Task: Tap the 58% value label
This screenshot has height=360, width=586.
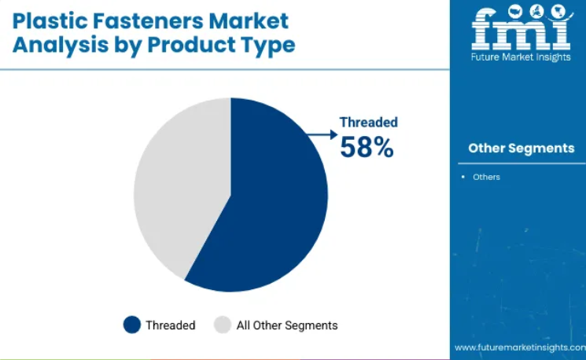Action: [367, 147]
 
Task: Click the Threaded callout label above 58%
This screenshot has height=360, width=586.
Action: [368, 122]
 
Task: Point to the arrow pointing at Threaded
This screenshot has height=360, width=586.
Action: [322, 134]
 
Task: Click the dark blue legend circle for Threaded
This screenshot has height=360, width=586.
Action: [132, 325]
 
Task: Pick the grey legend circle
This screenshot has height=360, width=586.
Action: [223, 325]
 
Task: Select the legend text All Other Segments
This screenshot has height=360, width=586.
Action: [287, 325]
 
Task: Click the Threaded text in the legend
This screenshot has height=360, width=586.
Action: [171, 325]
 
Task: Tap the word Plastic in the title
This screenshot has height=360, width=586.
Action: [50, 21]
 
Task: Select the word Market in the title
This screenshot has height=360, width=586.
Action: [249, 21]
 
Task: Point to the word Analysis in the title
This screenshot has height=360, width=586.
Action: [60, 46]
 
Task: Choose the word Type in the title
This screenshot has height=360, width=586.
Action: [267, 46]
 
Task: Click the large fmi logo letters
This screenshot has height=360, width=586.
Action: [522, 28]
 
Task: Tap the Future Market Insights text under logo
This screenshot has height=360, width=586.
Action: [521, 57]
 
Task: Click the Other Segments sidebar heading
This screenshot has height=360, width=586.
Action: [522, 149]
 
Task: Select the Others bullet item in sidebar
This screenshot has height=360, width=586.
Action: [486, 177]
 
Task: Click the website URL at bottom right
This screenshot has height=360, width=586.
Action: [520, 347]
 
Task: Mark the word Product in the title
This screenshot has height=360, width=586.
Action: [190, 46]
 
